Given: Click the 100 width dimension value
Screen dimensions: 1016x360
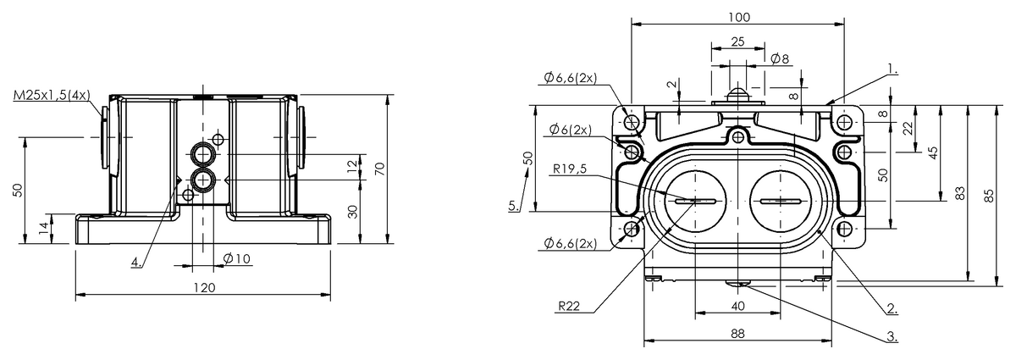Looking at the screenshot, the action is tap(739, 17).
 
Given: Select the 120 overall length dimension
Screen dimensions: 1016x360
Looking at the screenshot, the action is tap(205, 288).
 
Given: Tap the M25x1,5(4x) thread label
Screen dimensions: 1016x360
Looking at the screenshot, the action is tap(52, 96).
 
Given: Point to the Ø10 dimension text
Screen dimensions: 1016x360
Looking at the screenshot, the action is tap(237, 258).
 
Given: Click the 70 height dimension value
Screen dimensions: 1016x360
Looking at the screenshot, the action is tap(380, 169).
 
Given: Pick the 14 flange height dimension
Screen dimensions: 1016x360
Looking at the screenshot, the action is tap(43, 228).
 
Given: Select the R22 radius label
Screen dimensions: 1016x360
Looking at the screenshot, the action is tap(569, 306).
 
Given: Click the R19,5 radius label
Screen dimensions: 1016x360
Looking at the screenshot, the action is tap(570, 169).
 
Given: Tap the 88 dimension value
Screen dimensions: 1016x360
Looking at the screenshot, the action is tap(738, 334).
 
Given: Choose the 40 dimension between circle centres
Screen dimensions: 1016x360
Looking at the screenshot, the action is tap(738, 306).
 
